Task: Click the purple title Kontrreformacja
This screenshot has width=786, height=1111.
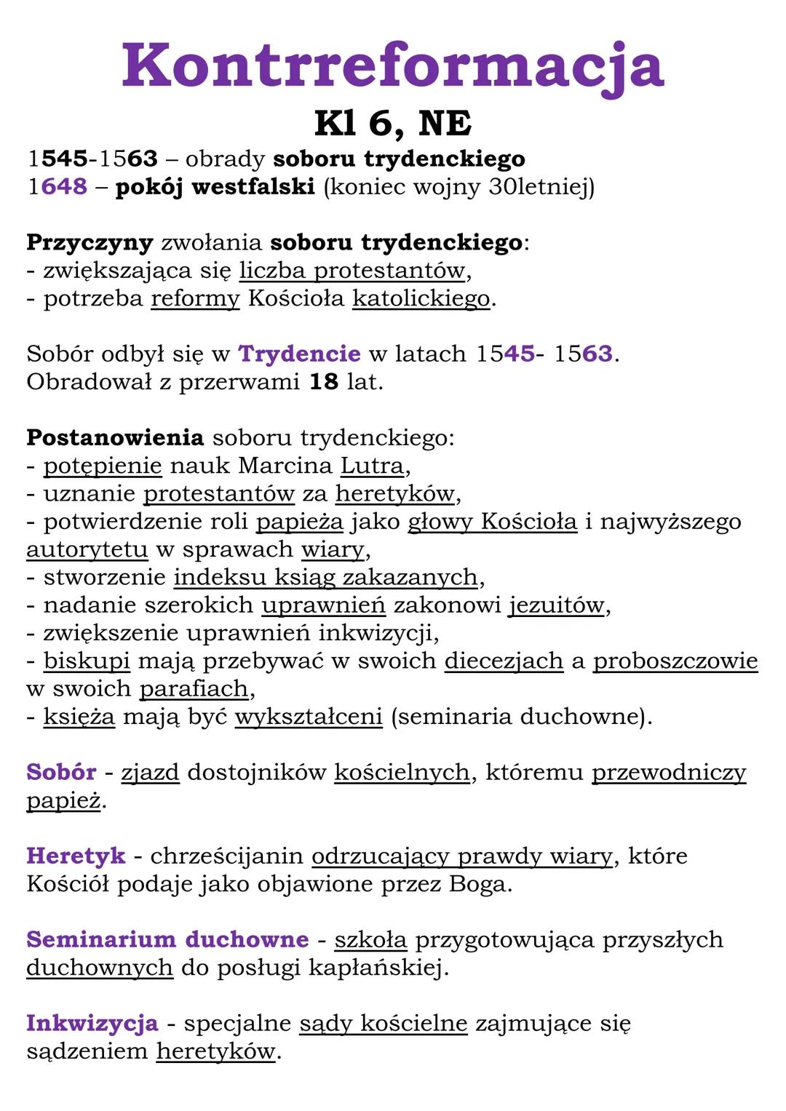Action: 393,65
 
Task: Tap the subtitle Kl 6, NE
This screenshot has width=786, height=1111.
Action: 393,123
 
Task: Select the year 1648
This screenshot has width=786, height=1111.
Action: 57,186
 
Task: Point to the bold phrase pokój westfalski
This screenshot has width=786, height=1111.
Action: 215,187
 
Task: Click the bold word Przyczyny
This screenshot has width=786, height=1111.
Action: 90,242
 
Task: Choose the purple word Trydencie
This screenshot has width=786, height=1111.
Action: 299,354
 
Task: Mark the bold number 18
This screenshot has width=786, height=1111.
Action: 324,381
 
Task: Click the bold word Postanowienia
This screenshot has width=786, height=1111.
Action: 115,437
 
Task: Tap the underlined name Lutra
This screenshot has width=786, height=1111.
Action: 372,465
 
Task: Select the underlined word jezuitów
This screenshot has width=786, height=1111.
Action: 557,605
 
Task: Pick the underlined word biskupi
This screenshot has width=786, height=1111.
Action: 87,661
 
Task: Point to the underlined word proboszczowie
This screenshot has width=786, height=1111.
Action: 675,661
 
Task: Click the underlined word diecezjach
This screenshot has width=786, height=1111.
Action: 504,661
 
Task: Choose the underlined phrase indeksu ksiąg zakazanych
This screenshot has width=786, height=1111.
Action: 325,577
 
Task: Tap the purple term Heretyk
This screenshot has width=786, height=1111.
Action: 76,856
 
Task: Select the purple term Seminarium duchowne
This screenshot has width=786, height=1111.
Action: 167,939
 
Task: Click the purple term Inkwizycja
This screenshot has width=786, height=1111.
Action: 92,1023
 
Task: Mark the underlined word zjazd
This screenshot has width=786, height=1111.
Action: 150,772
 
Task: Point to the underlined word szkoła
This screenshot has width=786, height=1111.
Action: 370,939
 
